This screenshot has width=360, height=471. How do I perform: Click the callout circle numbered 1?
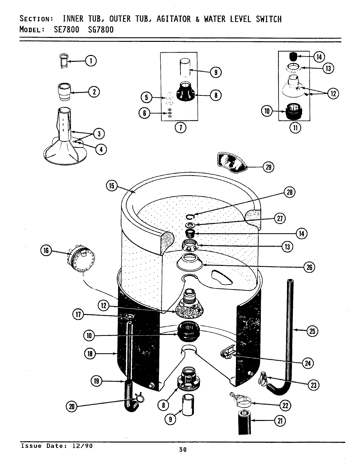pos(91,61)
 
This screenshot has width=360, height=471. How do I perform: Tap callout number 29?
pos(268,167)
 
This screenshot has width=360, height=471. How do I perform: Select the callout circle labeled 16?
pos(46,251)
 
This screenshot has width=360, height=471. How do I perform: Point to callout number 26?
pos(309,267)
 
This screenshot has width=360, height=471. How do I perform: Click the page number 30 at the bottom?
pos(183,450)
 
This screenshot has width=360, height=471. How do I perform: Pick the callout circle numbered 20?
pos(72,406)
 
